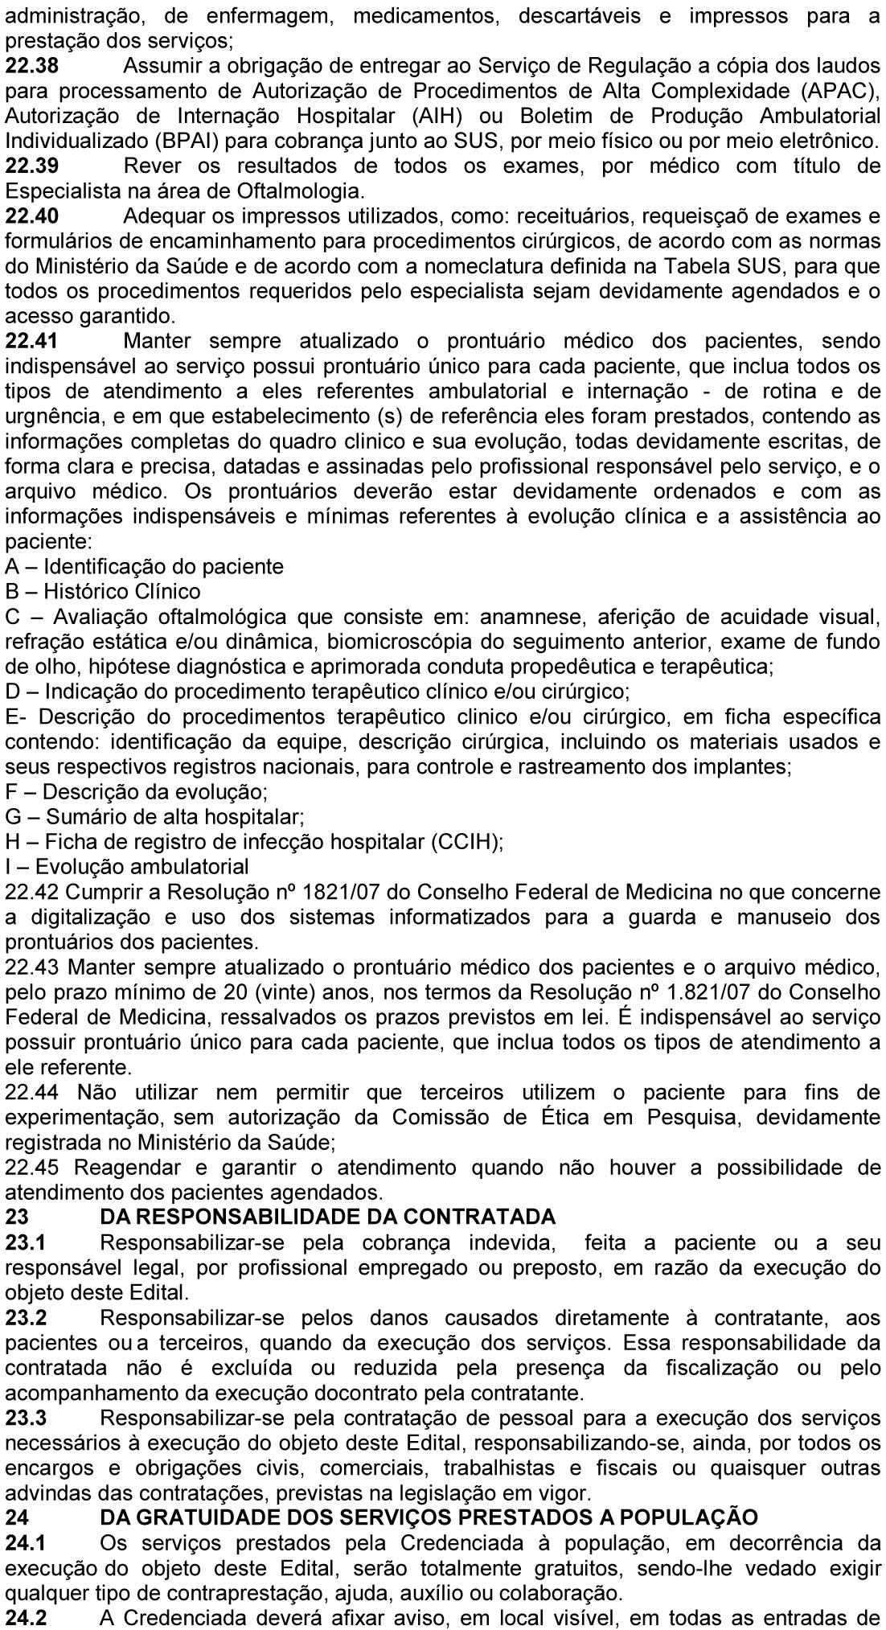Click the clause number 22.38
tap(31, 67)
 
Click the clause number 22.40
tap(31, 216)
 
